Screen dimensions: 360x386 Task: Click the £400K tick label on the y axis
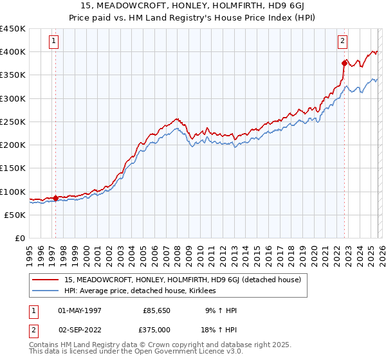[x=13, y=51]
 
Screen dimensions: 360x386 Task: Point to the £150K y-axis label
[x=13, y=168]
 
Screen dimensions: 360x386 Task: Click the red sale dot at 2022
[x=344, y=63]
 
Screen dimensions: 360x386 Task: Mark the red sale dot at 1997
[x=55, y=198]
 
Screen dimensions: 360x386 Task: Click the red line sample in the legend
[x=46, y=280]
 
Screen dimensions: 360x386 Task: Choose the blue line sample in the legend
[x=46, y=291]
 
